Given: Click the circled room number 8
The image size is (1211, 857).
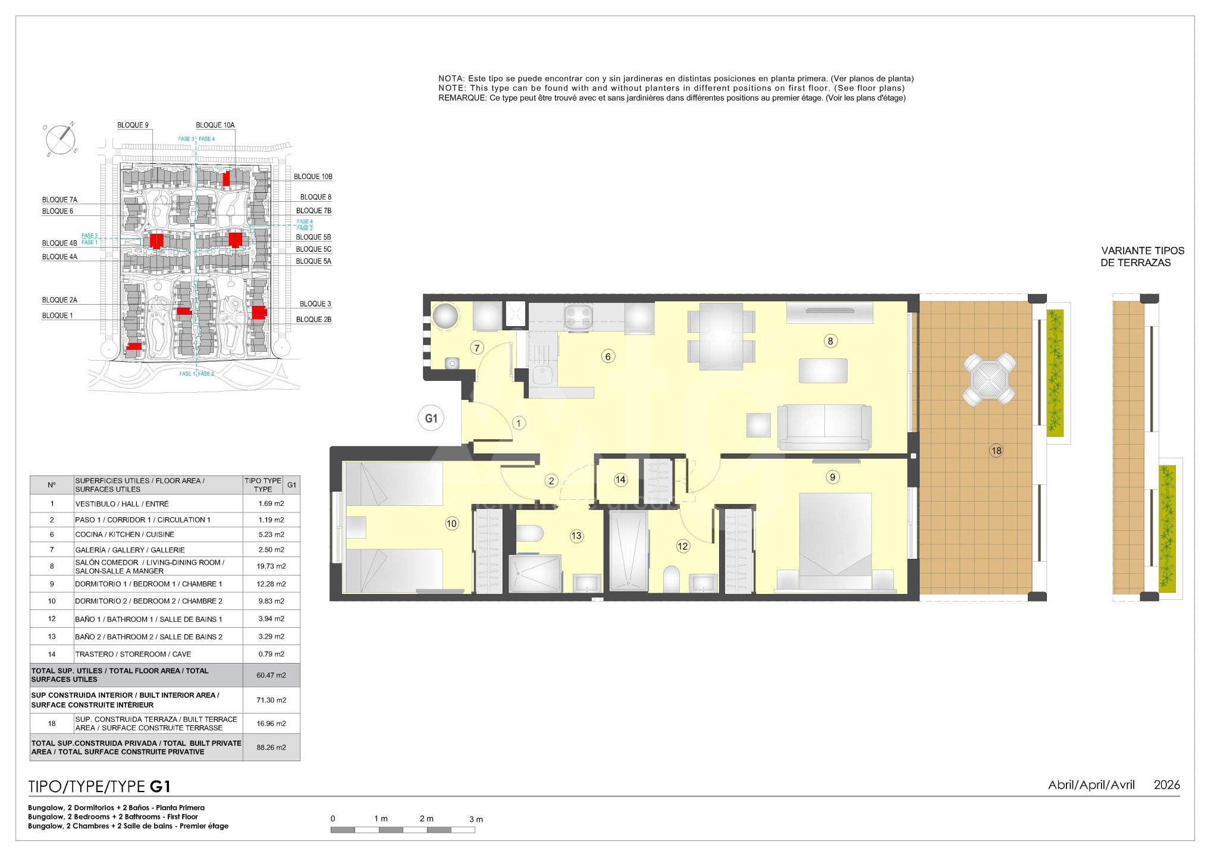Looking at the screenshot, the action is click(x=830, y=341).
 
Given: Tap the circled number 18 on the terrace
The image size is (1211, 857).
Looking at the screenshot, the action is click(x=996, y=451).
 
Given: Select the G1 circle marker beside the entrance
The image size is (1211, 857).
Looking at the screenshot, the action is click(x=431, y=418).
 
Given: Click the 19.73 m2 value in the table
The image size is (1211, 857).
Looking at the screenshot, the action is click(x=271, y=567).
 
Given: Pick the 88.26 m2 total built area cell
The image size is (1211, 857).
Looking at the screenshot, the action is click(x=271, y=747).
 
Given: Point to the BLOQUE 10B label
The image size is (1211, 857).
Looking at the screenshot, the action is click(x=313, y=177).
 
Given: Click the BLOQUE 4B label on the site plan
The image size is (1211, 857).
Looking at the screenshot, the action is click(x=59, y=243).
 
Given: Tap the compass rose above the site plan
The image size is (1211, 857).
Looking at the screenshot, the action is click(x=61, y=140).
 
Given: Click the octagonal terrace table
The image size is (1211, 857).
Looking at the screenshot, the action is click(x=989, y=379).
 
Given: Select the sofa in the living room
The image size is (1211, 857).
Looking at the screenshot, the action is click(x=824, y=427).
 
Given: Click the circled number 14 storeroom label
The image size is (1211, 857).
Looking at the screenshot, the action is click(x=620, y=480).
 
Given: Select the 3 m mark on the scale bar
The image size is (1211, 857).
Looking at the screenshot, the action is click(x=476, y=820).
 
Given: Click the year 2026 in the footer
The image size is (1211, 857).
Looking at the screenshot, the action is click(x=1166, y=785).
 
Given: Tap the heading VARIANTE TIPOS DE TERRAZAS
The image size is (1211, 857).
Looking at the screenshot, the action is click(x=1142, y=257).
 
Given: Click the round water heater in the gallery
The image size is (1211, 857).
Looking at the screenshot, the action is click(x=446, y=316).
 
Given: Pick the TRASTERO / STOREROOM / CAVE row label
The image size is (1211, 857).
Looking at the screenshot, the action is click(x=133, y=654).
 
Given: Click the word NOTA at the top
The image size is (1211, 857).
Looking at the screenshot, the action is click(x=450, y=79).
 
